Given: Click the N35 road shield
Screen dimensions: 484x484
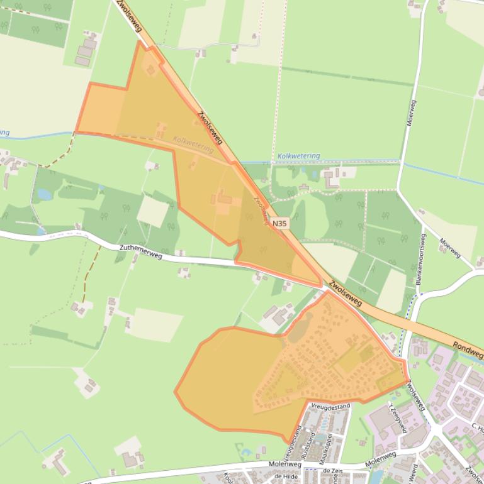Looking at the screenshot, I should tap(280, 222).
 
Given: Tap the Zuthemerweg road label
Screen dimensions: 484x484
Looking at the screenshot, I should tap(140, 252).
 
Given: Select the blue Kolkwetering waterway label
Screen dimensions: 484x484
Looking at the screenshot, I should tap(298, 156).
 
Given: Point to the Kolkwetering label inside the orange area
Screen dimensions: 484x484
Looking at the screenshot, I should tap(193, 145).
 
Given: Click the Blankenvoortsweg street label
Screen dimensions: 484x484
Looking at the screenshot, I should tap(420, 260).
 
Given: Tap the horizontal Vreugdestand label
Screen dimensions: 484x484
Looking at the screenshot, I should tap(330, 407).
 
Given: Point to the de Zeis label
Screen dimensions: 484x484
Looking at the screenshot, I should tap(335, 470).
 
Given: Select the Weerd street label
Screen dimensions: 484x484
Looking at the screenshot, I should tap(414, 473).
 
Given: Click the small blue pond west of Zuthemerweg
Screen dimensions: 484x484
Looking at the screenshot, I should tap(45, 194).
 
